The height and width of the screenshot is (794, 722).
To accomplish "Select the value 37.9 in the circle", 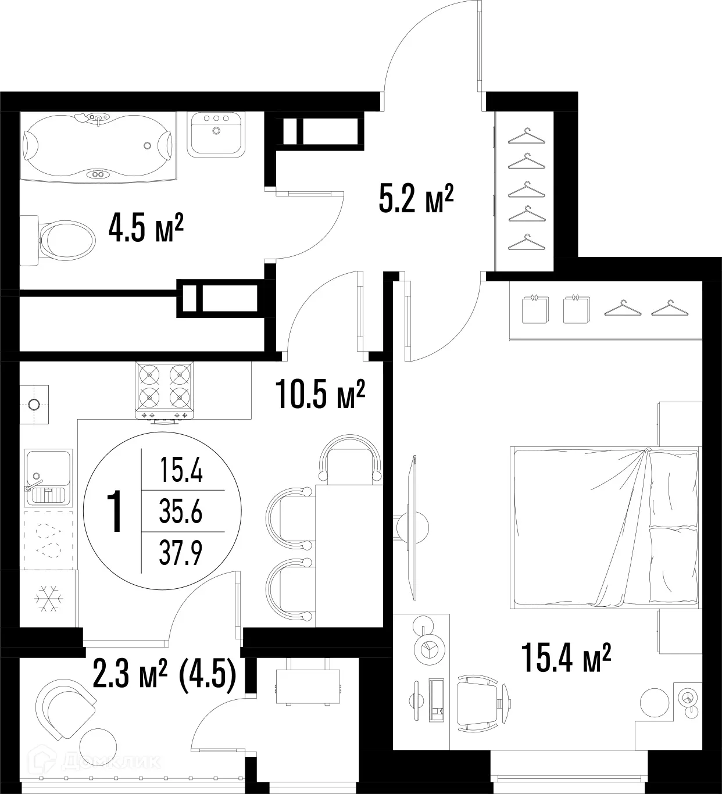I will point(181,553).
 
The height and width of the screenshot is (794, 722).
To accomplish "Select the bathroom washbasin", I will point(215,134).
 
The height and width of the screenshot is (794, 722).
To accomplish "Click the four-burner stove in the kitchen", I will point(165,391).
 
